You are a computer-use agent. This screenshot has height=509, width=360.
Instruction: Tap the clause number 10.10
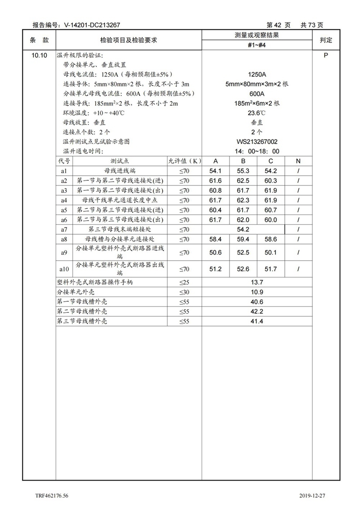(39, 55)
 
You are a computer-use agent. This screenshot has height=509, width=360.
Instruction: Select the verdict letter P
(325, 55)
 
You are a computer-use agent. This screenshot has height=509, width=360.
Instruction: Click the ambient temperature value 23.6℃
(257, 113)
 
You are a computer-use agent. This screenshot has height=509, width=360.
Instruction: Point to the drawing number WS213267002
(257, 141)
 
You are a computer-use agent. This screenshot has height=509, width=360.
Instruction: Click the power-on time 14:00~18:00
(257, 151)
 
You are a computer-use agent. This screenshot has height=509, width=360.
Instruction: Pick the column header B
(243, 161)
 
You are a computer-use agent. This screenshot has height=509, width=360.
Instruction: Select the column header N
(298, 161)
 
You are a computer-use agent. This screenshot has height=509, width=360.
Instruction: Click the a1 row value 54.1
(216, 171)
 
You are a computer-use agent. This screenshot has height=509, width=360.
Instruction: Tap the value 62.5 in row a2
(243, 181)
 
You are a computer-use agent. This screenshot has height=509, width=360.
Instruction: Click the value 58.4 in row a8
(216, 239)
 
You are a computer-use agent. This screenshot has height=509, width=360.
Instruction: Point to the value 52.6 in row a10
(243, 269)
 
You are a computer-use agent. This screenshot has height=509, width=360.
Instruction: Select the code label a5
(64, 210)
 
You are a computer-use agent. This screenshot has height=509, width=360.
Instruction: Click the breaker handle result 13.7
(257, 283)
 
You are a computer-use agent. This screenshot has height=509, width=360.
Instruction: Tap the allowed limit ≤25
(184, 283)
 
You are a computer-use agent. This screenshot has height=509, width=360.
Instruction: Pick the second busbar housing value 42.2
(257, 311)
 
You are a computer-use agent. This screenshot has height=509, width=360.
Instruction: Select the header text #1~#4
(257, 45)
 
